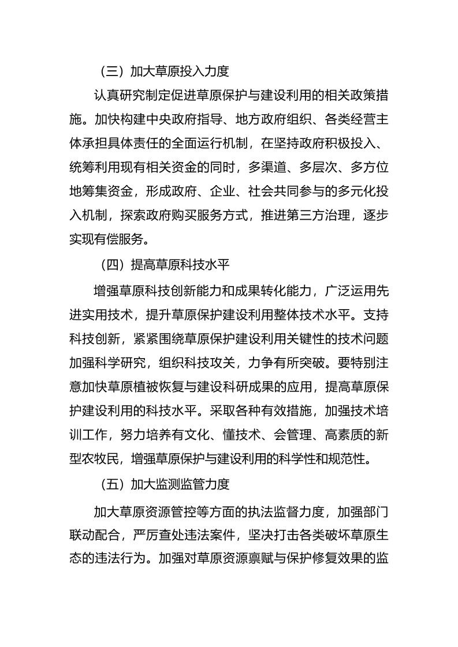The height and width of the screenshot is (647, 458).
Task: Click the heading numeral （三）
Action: click(109, 72)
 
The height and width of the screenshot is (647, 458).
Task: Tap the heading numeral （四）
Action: click(109, 266)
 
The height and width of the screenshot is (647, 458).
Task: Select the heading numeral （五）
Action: click(109, 484)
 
